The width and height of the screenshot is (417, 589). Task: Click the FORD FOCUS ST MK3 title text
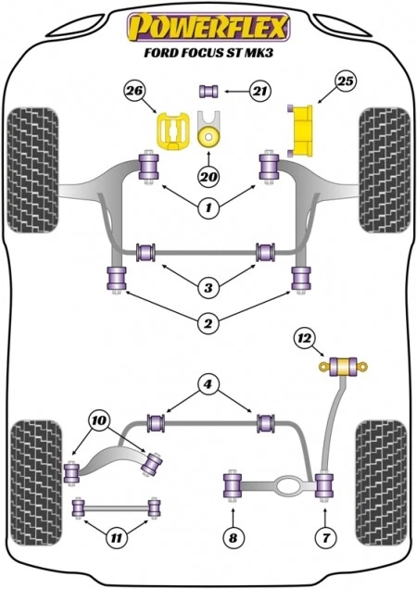pos(208,52)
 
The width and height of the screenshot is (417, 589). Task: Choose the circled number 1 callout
pos(209,208)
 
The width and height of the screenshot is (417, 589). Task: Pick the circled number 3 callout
pos(209,287)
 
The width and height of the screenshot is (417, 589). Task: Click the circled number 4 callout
pos(209,382)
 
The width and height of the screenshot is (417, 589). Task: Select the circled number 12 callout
pos(301,339)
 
